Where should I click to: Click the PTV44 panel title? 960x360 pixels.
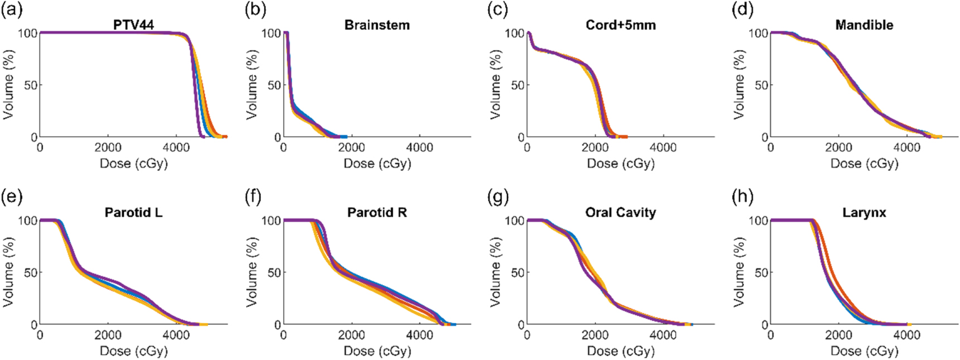(x=133, y=25)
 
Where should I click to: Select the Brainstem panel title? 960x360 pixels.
(x=377, y=25)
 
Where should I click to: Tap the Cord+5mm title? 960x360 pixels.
(x=621, y=25)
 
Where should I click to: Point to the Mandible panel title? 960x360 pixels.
(x=864, y=25)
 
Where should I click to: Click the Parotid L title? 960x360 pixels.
(x=133, y=213)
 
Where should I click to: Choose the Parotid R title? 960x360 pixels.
(x=377, y=213)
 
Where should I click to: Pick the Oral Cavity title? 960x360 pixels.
(x=621, y=213)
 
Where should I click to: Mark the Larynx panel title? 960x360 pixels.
(x=864, y=213)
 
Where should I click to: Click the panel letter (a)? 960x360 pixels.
(x=12, y=9)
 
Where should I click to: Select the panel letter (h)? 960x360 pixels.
(x=742, y=197)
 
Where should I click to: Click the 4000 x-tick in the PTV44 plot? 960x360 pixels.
(x=176, y=147)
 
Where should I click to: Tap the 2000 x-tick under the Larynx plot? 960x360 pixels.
(x=838, y=335)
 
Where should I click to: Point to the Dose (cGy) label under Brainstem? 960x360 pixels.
(x=377, y=164)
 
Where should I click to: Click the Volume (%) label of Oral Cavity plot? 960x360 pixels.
(x=496, y=272)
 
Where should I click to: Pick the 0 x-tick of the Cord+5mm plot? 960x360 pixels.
(x=527, y=147)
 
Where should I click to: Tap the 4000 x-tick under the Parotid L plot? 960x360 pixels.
(x=176, y=335)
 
